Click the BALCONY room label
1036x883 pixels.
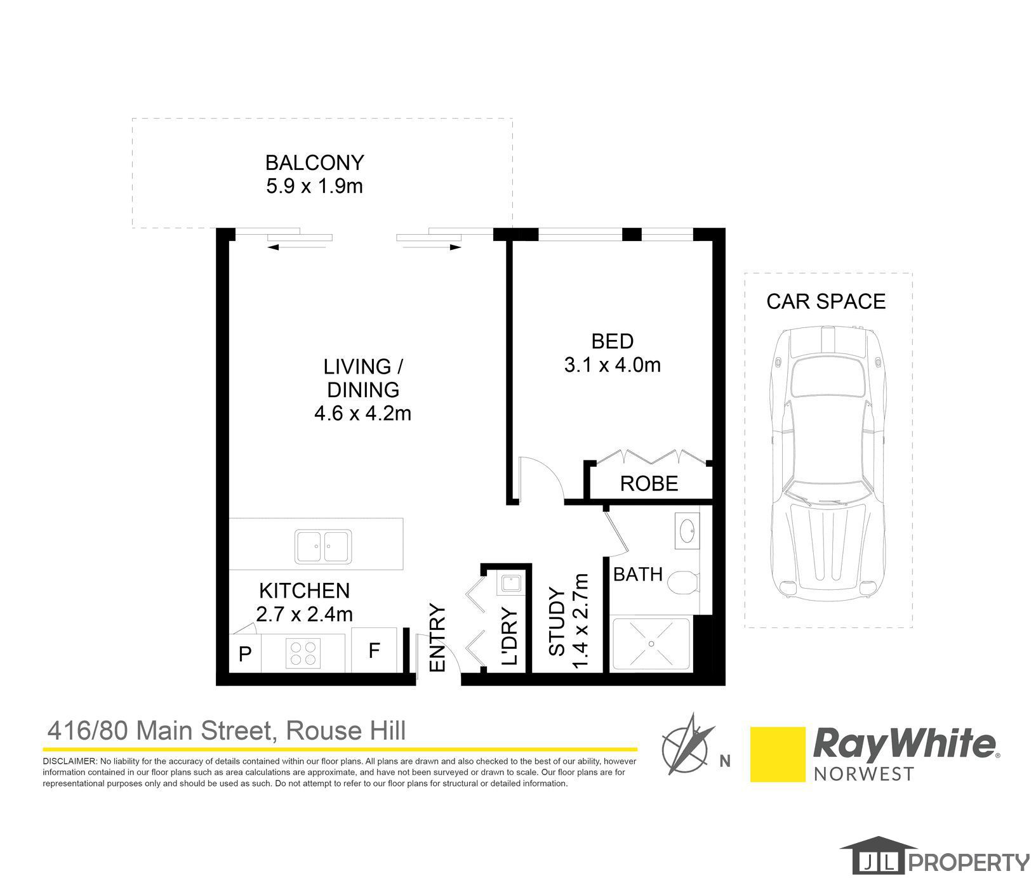(x=314, y=163)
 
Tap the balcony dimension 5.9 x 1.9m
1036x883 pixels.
(x=314, y=186)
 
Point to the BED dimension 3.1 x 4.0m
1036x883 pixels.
(x=612, y=365)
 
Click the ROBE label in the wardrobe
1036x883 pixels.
(x=649, y=484)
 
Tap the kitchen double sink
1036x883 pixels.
(x=322, y=547)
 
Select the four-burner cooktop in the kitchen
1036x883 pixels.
(x=303, y=653)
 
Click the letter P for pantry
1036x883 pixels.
(x=245, y=654)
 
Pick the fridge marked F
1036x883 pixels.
(x=375, y=651)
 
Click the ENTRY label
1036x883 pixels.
(x=438, y=638)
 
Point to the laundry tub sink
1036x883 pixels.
(x=510, y=583)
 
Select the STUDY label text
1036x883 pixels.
(x=557, y=622)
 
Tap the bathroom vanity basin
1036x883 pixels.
(x=687, y=530)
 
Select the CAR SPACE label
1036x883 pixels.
(x=825, y=301)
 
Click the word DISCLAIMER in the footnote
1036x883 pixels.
(x=69, y=761)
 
